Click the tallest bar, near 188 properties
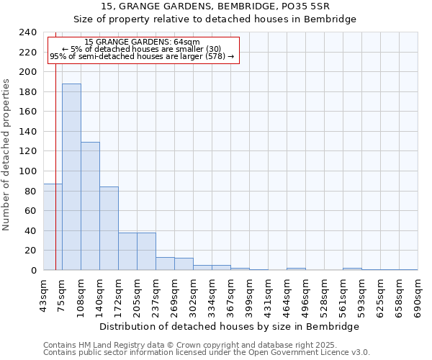(x=71, y=177)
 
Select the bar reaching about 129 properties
(x=90, y=206)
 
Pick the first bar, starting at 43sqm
(x=53, y=227)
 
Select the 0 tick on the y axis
(x=32, y=271)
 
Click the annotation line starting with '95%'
(x=142, y=56)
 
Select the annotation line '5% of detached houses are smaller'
(x=142, y=49)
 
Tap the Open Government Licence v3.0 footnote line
(x=207, y=352)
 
